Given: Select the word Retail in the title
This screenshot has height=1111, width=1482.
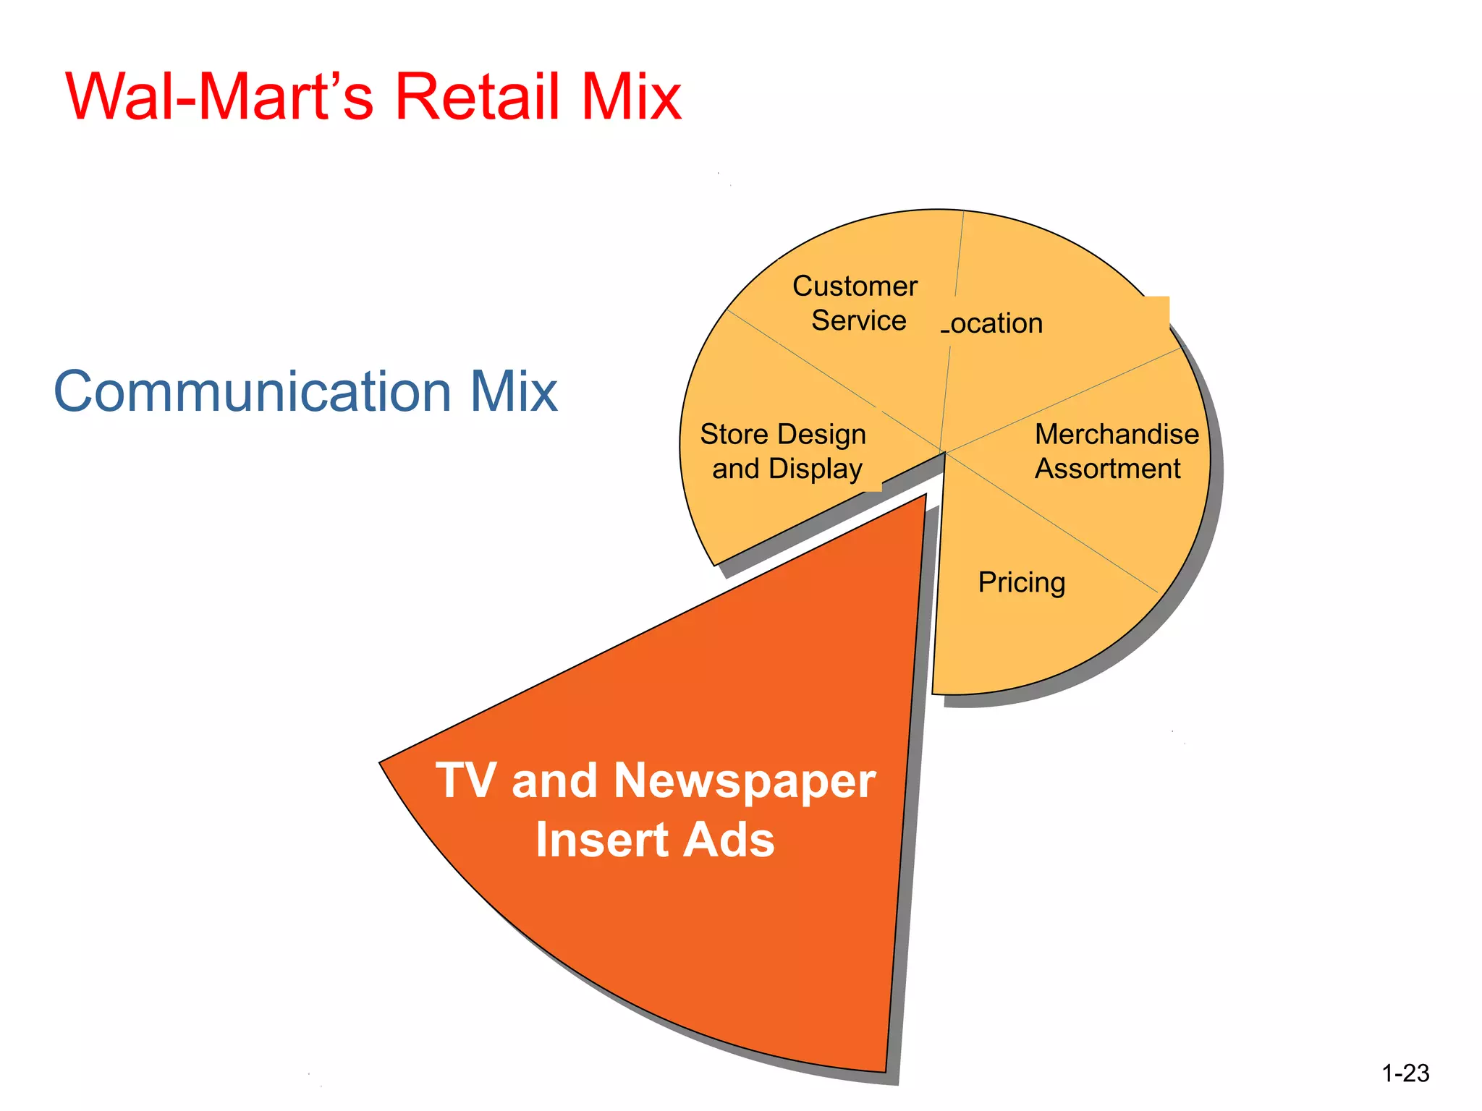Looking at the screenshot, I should [x=478, y=97].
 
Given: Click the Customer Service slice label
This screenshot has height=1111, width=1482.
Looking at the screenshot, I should [x=856, y=304].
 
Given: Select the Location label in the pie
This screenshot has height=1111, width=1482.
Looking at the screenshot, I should [x=993, y=323].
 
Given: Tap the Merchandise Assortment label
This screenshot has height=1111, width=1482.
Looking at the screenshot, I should [x=1115, y=451].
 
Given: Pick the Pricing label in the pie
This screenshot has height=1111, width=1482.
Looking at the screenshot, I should [x=1021, y=582].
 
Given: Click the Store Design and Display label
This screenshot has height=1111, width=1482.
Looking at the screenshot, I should [x=784, y=451].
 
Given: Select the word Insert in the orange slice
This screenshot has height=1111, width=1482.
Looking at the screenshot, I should [x=601, y=840].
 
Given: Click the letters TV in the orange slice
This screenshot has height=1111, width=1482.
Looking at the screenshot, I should [x=466, y=781].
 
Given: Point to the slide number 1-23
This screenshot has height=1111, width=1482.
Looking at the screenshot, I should [x=1405, y=1073].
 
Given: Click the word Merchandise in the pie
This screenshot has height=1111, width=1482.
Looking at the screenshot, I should [x=1117, y=434].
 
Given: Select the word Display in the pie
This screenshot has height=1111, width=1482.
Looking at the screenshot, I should [x=816, y=469].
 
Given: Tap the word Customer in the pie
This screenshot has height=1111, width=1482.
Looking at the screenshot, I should [x=855, y=286].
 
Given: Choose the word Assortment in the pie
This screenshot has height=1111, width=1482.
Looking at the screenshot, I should [x=1107, y=469].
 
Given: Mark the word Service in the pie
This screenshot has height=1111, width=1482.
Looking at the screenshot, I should [x=858, y=320].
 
